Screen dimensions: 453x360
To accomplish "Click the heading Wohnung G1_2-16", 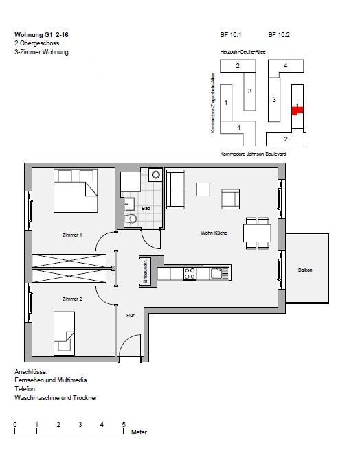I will tap(42, 34).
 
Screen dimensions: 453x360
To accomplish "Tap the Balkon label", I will tap(305, 270).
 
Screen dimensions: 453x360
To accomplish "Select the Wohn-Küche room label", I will tap(214, 233).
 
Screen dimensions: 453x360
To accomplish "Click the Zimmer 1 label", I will tap(71, 235).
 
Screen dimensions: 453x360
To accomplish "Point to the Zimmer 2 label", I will tap(71, 299).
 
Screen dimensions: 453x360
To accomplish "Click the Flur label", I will tap(130, 315).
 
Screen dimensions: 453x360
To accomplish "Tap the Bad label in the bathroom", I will tap(146, 208).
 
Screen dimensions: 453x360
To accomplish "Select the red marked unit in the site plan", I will tap(297, 111).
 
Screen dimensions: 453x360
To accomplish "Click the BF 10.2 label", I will tap(278, 34).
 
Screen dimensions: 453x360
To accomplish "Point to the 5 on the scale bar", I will tap(124, 425).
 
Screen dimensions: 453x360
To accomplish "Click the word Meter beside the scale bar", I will tap(139, 432).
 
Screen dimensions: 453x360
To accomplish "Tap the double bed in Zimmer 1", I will tap(74, 191).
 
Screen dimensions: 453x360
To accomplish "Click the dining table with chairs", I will tap(256, 233).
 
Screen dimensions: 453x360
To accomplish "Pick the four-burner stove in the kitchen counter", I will tap(190, 273).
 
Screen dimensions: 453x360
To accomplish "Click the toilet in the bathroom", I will tap(131, 219).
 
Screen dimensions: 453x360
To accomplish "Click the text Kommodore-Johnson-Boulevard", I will tap(252, 154).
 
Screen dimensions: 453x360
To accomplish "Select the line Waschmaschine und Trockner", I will tap(56, 398).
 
